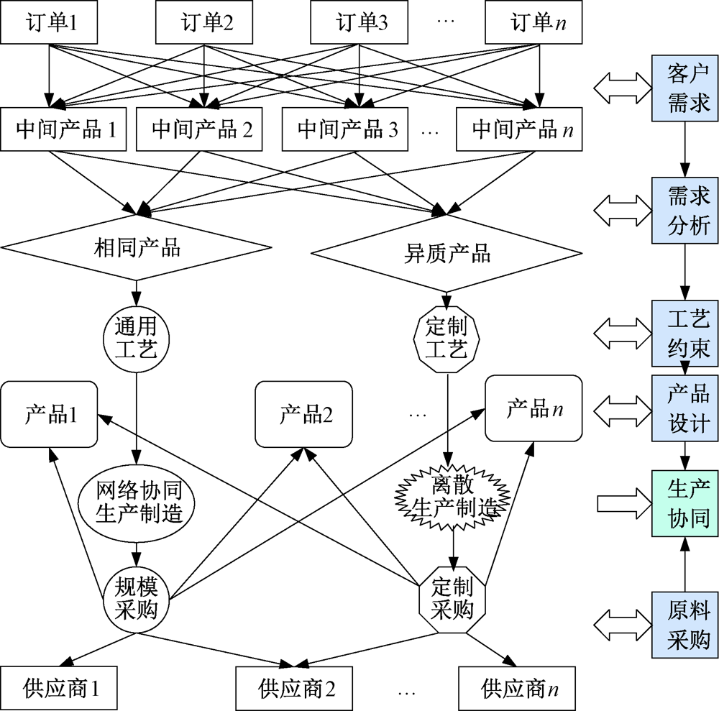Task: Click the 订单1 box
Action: pos(50,23)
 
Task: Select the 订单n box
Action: pos(533,23)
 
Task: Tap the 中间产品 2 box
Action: pos(203,130)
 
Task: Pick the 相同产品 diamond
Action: pos(137,248)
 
